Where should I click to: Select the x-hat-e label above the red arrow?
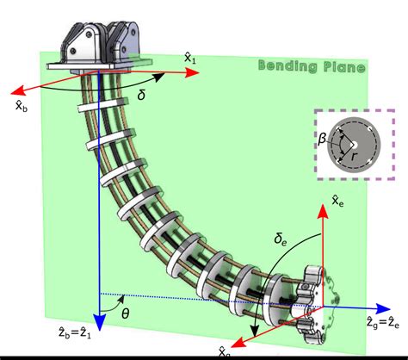(339, 202)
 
